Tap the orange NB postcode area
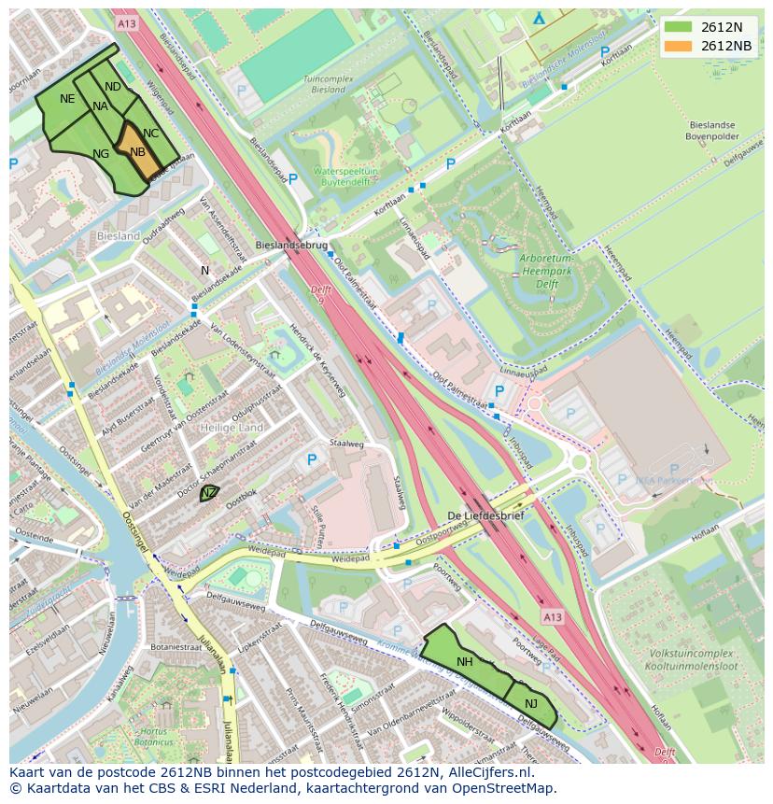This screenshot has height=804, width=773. click(138, 152)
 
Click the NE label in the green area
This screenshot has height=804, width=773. click(67, 99)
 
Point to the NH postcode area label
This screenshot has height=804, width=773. click(464, 662)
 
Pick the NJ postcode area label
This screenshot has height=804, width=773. click(531, 704)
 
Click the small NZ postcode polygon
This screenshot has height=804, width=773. click(209, 493)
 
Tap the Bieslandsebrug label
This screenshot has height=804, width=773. click(291, 246)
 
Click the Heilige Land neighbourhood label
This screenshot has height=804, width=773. click(232, 428)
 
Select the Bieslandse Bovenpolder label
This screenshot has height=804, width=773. click(712, 130)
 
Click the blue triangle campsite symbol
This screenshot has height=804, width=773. click(539, 18)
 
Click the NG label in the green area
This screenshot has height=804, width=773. click(101, 154)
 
